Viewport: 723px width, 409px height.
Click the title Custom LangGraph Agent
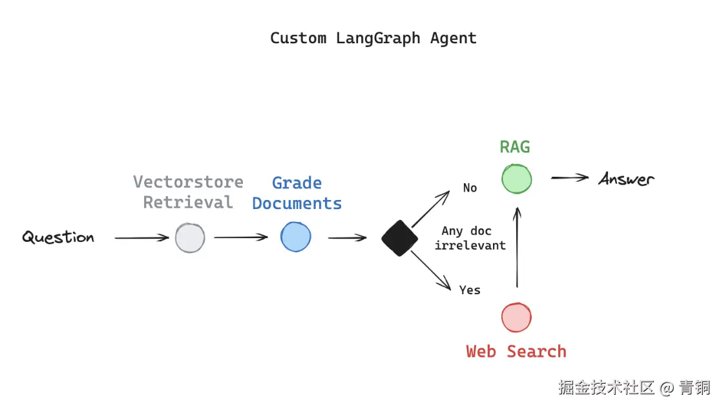[373, 38]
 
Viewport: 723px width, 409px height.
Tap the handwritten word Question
[58, 237]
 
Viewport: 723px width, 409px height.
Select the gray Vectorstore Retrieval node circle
[190, 237]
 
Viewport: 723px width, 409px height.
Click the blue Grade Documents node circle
[296, 237]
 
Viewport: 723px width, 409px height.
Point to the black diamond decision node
[400, 238]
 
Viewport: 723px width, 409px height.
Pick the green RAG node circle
[516, 178]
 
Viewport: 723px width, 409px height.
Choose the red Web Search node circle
[516, 317]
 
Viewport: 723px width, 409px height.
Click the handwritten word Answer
[626, 179]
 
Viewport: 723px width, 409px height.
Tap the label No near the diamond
[470, 188]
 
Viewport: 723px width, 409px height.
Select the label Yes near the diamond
[470, 290]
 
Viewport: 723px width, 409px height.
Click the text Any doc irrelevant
[470, 238]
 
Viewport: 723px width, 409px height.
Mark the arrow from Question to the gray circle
[141, 238]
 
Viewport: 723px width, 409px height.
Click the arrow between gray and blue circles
[241, 237]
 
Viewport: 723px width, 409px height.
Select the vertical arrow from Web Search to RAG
[516, 248]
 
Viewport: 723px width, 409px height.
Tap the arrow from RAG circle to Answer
[569, 178]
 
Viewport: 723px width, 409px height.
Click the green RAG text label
[515, 147]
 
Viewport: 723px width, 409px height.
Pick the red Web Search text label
[516, 352]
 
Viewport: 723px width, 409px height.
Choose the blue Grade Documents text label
[297, 193]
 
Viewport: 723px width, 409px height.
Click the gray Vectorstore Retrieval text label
[188, 192]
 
